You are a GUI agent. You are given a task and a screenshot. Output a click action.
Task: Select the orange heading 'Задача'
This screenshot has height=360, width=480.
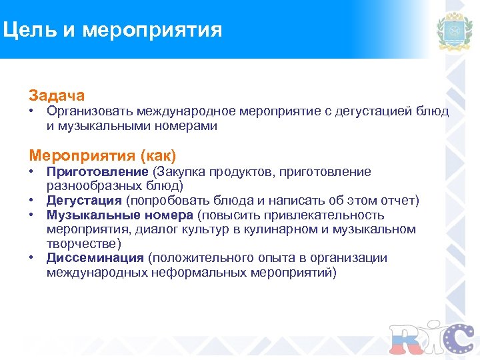(x=57, y=96)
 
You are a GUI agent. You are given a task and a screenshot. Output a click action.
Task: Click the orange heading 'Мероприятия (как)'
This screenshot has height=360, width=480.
(x=103, y=156)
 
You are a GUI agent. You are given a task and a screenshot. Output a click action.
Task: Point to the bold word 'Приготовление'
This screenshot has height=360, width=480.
(x=97, y=172)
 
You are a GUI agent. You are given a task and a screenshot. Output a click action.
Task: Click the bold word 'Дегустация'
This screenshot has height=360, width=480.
(x=84, y=201)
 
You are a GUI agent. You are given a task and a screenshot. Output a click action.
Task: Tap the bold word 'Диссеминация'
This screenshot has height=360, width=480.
(x=95, y=258)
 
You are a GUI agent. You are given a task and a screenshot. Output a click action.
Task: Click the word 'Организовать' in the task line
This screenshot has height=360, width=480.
(x=89, y=111)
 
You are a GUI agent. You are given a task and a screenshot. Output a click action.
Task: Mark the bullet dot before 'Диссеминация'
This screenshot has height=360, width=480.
(x=31, y=258)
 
